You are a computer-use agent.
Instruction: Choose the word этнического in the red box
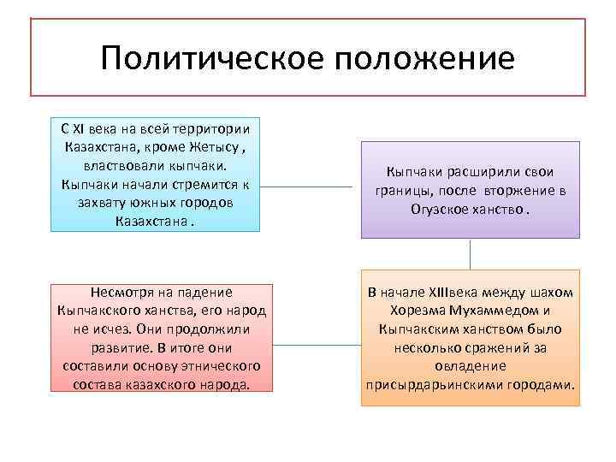click(218, 366)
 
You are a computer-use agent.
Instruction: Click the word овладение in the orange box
click(469, 366)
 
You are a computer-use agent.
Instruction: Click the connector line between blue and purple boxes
click(310, 187)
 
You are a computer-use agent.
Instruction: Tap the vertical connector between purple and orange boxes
click(470, 253)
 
